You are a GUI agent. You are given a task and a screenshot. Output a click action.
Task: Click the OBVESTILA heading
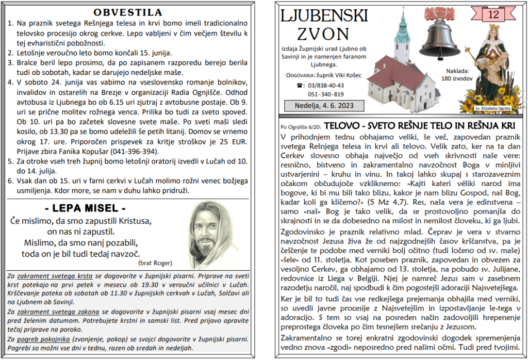[127, 12]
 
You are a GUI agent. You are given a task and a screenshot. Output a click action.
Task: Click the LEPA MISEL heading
[85, 209]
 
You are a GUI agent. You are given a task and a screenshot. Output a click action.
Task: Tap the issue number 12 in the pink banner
[493, 15]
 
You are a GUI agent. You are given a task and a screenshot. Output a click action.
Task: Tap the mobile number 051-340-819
[326, 94]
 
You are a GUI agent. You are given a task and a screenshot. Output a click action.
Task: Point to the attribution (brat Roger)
[155, 263]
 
